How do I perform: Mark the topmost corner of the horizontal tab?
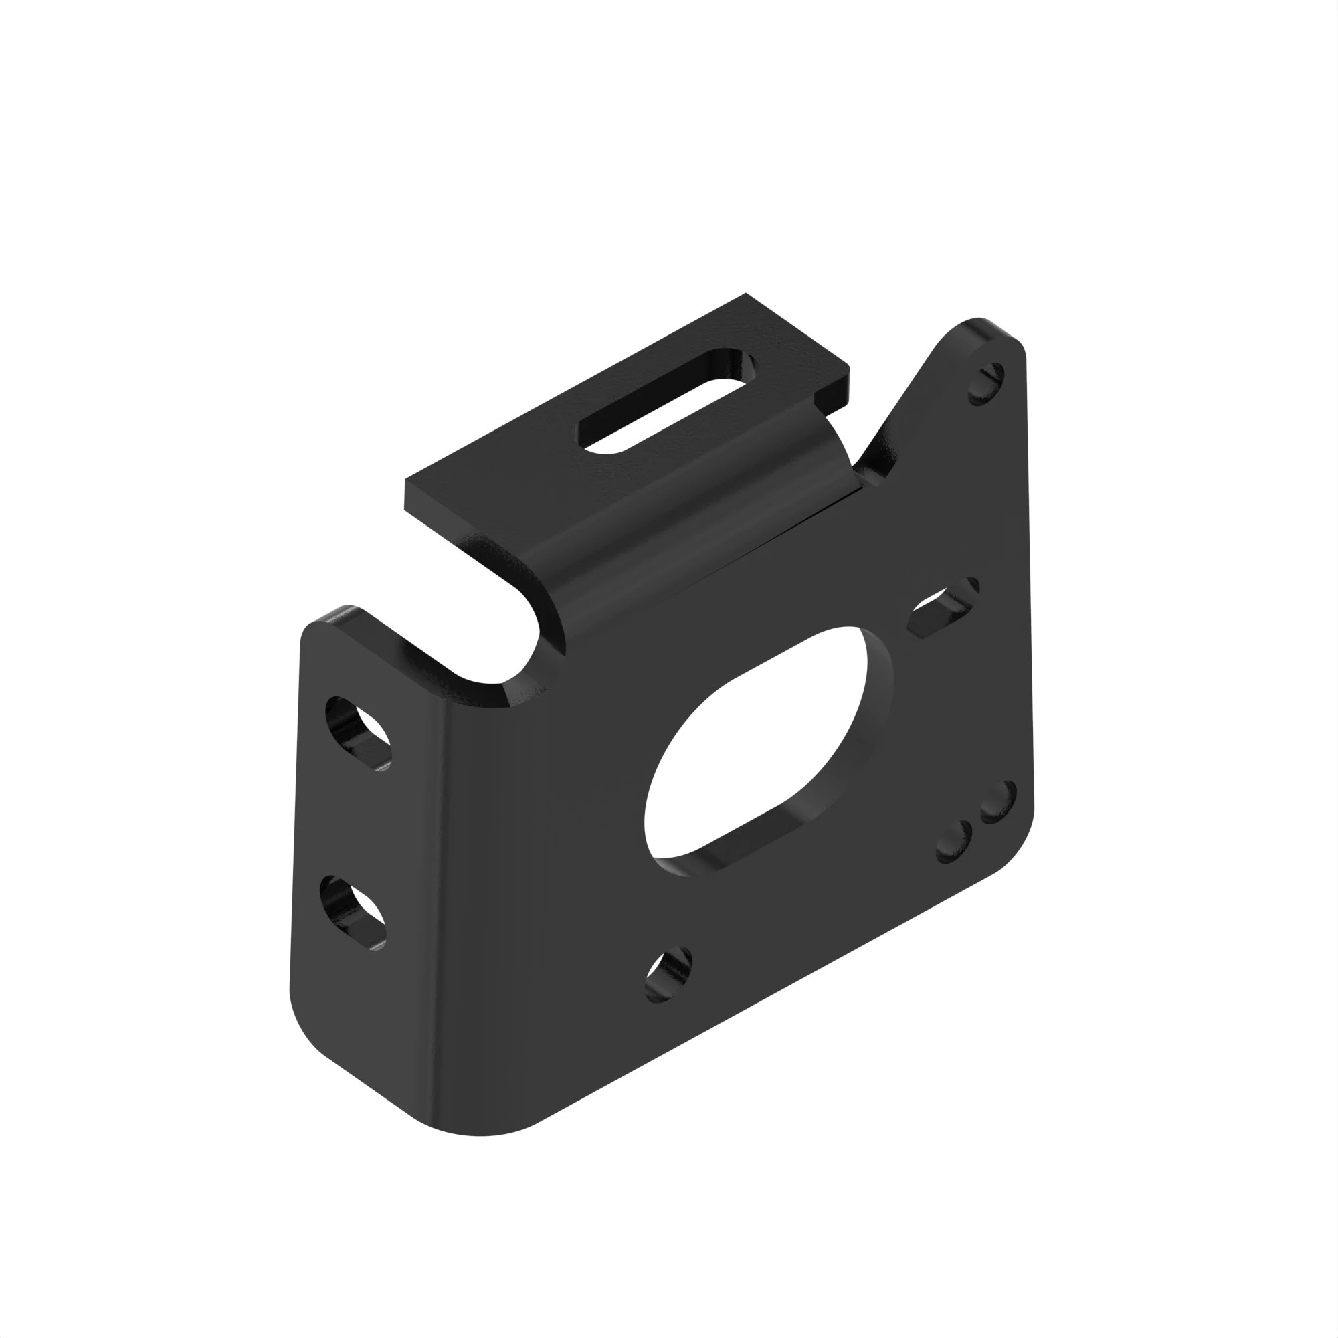pos(746,294)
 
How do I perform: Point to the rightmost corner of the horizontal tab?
pos(849,367)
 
